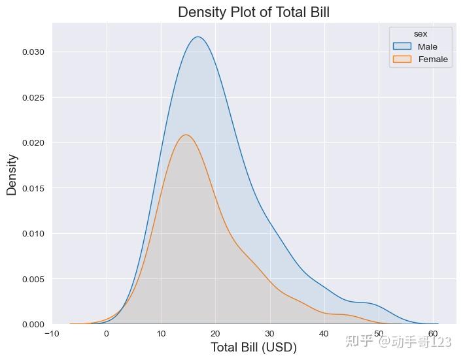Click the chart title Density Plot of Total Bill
pos(254,12)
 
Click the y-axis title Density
pos(12,174)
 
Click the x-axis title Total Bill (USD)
pos(253,348)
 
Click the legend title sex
pos(420,33)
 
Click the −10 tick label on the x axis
pos(52,334)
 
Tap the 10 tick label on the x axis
pos(161,334)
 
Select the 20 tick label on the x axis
pos(215,334)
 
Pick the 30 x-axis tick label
pos(270,334)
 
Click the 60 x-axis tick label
pos(433,334)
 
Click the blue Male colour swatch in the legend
pos(402,46)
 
